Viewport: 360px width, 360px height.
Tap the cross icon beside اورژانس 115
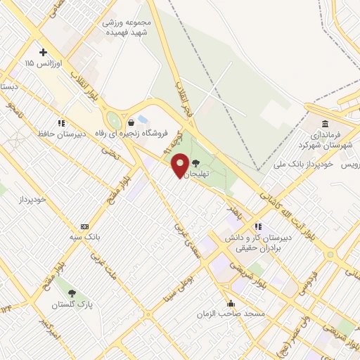tap(44, 52)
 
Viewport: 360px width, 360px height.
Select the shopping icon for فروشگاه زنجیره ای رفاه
tap(131, 122)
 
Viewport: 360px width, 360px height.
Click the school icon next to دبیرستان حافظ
tap(61, 122)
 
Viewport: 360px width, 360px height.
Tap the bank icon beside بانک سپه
tap(85, 226)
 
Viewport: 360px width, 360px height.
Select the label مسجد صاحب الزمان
tap(232, 314)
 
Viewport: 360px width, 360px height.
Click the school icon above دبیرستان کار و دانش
tap(258, 226)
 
